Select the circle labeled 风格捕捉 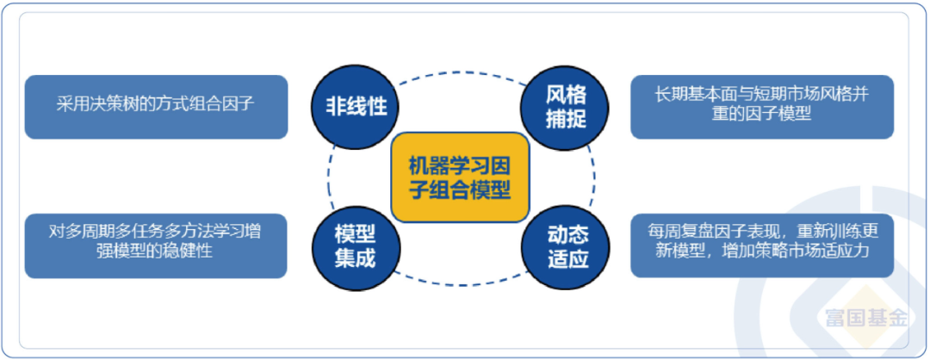point(565,107)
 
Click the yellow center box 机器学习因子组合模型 point(460,177)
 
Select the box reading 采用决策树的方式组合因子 point(156,108)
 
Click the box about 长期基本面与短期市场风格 point(762,107)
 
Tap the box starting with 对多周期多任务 point(156,245)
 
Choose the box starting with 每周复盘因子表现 point(762,245)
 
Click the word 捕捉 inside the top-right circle point(565,119)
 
